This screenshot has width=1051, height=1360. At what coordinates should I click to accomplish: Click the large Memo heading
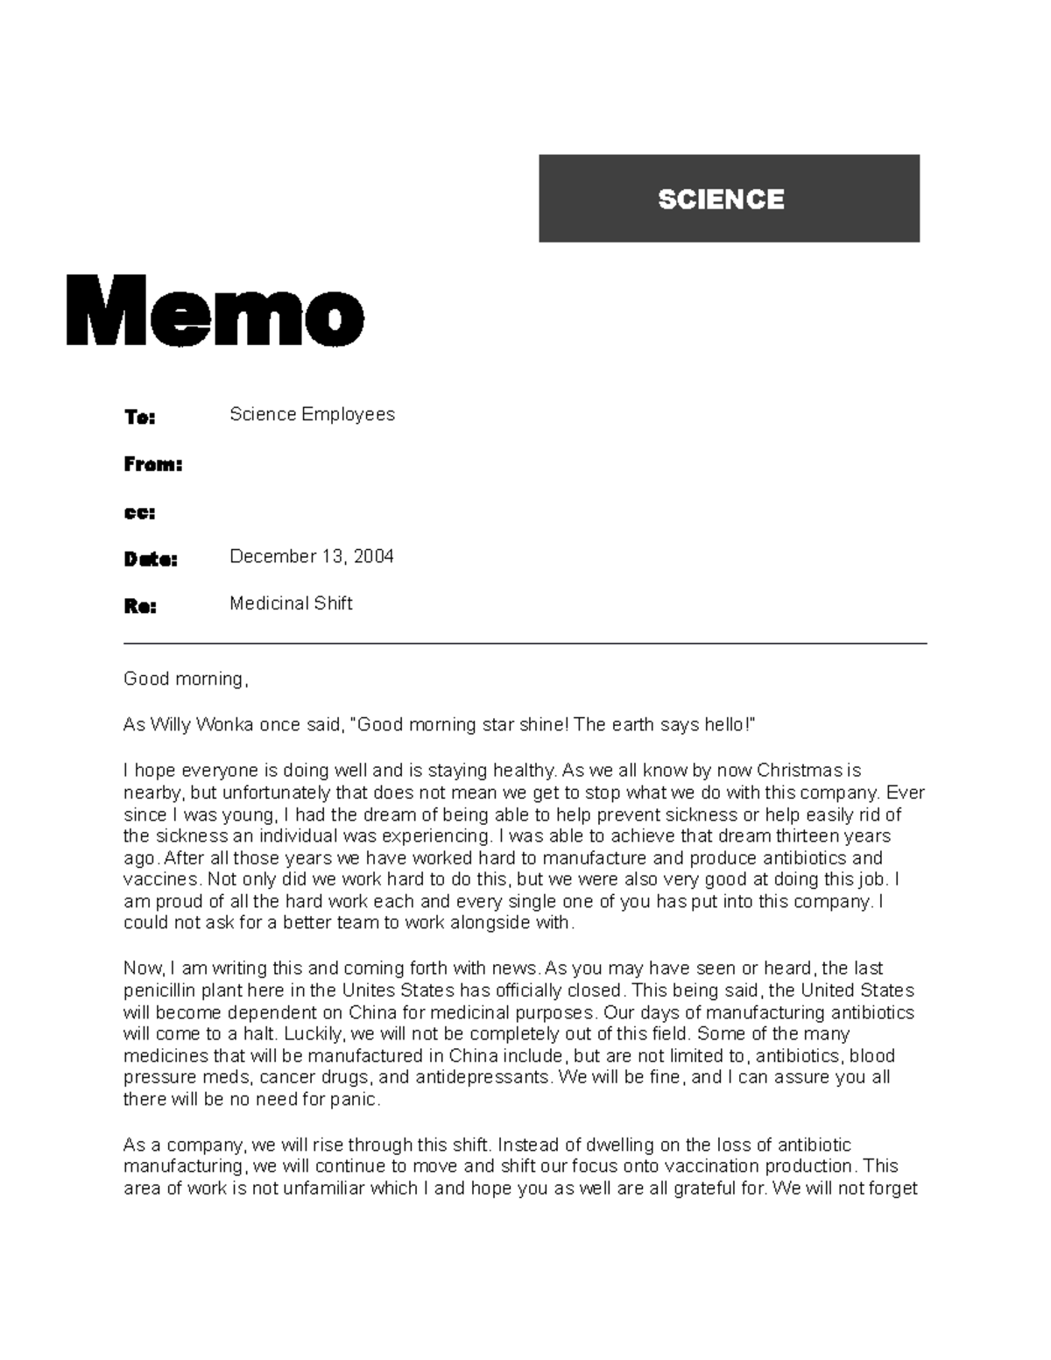215,310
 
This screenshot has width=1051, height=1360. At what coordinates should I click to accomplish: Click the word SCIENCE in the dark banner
721,200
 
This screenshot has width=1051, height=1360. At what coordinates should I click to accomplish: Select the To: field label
139,418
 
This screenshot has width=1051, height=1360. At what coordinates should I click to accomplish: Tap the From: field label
152,465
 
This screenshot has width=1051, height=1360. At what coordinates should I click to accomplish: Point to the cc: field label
139,513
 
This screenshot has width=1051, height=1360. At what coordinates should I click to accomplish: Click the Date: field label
150,559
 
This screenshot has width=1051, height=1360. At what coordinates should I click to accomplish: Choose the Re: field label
139,606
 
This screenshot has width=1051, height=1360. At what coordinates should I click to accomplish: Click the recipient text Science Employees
312,414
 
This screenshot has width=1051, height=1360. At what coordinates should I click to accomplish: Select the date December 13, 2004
311,557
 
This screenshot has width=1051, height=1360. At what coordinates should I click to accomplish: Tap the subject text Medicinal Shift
291,603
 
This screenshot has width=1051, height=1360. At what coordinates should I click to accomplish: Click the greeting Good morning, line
186,679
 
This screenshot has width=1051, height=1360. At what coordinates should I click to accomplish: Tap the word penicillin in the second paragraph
159,990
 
